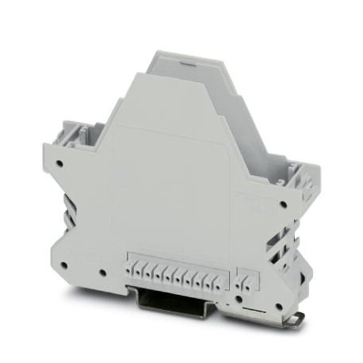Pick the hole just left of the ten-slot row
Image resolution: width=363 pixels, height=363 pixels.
104,274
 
